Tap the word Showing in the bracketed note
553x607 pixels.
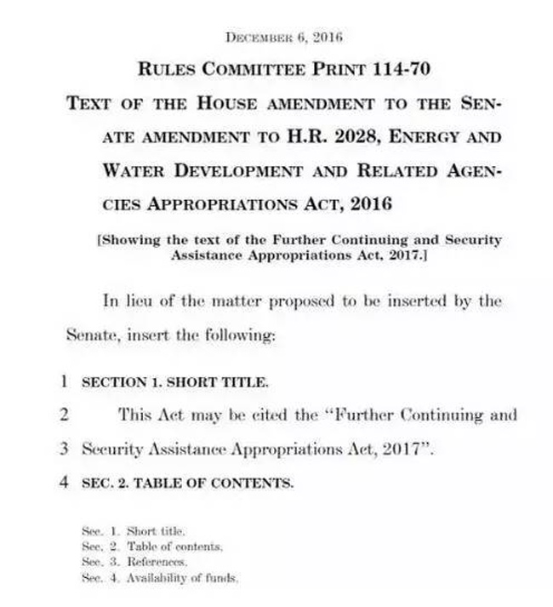[130, 240]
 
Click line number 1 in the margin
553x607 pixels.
[63, 381]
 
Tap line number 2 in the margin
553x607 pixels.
[63, 415]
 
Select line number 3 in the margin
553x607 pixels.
[63, 449]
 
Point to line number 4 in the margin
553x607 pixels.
[63, 483]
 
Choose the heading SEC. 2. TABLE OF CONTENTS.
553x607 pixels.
[187, 484]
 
